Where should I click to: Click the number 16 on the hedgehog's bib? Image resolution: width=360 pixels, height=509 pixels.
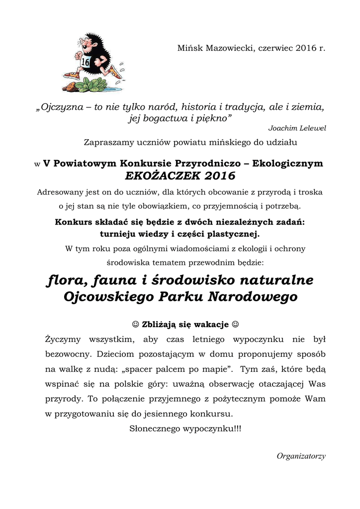pos(85,63)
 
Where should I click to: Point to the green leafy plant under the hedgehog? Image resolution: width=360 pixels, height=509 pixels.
pos(92,85)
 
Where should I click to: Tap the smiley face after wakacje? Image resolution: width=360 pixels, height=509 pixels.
pos(235,325)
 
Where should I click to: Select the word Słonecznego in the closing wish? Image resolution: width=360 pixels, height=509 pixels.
pos(156,428)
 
